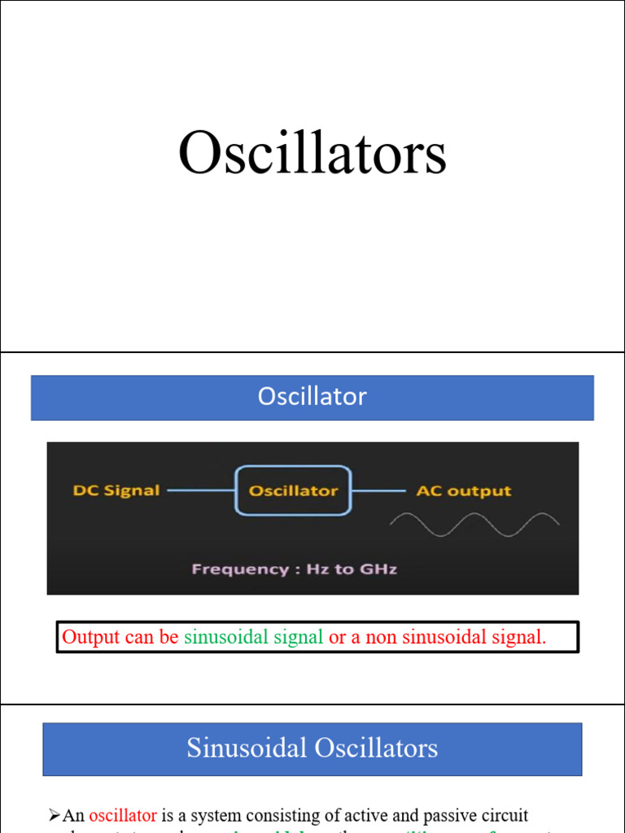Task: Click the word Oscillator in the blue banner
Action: (x=312, y=397)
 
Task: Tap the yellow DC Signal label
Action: (x=116, y=491)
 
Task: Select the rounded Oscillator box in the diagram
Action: (x=293, y=491)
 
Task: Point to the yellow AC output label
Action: (x=464, y=491)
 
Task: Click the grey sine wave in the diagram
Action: (x=474, y=524)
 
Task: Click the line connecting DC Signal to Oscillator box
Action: (x=201, y=491)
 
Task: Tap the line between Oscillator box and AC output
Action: (x=378, y=491)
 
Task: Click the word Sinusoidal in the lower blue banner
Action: (x=255, y=748)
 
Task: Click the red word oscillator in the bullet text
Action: (x=123, y=815)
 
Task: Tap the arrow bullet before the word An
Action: (x=55, y=815)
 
